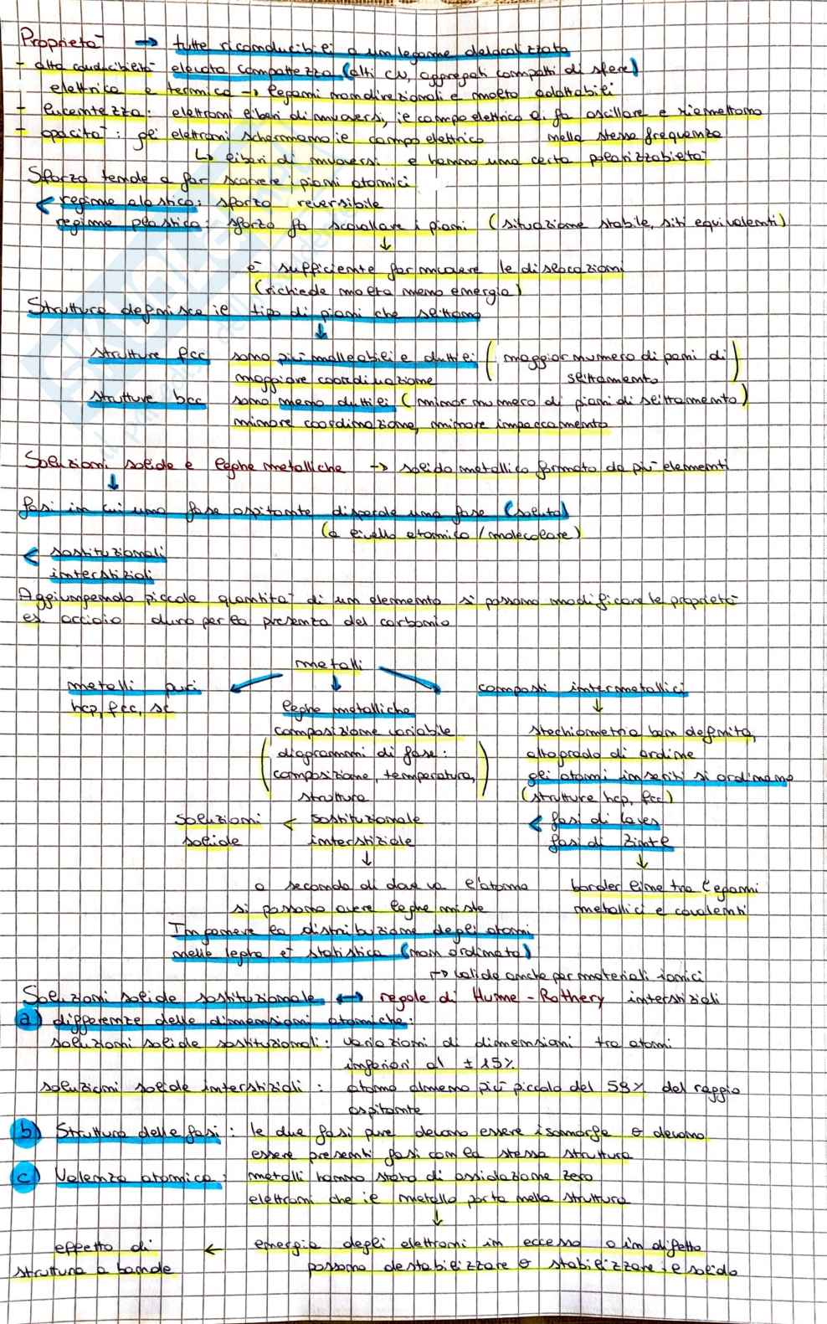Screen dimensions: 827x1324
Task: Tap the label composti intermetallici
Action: pyautogui.click(x=583, y=689)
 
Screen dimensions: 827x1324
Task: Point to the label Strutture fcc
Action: pyautogui.click(x=150, y=355)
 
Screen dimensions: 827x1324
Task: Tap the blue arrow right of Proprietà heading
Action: pyautogui.click(x=147, y=40)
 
